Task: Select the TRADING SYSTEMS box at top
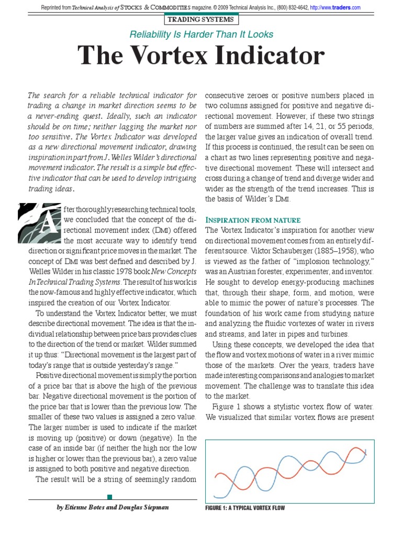pyautogui.click(x=201, y=20)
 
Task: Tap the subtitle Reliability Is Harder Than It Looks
pyautogui.click(x=201, y=35)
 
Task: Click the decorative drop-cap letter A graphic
pyautogui.click(x=35, y=225)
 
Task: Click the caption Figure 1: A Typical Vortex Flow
pyautogui.click(x=244, y=508)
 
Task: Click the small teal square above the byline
pyautogui.click(x=109, y=496)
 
